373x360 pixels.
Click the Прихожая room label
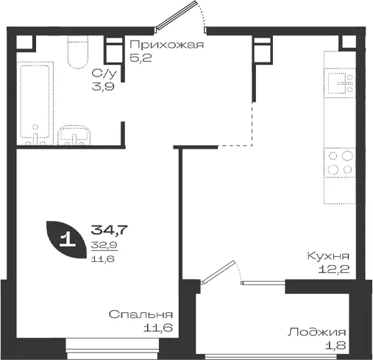pyautogui.click(x=167, y=45)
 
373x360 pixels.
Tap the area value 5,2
pyautogui.click(x=141, y=58)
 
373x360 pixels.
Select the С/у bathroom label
pyautogui.click(x=104, y=74)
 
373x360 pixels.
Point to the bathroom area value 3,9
pyautogui.click(x=103, y=87)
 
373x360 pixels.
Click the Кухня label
pyautogui.click(x=328, y=256)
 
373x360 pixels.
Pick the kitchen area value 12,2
pyautogui.click(x=334, y=269)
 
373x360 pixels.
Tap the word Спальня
pyautogui.click(x=141, y=314)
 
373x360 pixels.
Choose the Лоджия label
pyautogui.click(x=317, y=332)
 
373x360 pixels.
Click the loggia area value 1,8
pyautogui.click(x=335, y=345)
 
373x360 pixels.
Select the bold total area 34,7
pyautogui.click(x=109, y=230)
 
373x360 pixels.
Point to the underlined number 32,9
pyautogui.click(x=104, y=245)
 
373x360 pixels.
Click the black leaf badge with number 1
pyautogui.click(x=65, y=239)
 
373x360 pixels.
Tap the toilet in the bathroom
pyautogui.click(x=77, y=52)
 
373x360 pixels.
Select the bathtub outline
pyautogui.click(x=35, y=103)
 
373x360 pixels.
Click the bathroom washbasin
pyautogui.click(x=74, y=135)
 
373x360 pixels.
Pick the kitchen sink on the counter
pyautogui.click(x=339, y=83)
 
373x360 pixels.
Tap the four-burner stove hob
pyautogui.click(x=340, y=163)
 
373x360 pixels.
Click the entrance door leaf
pyautogui.click(x=177, y=15)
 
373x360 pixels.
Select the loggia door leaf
pyautogui.click(x=218, y=272)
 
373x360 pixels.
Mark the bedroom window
pyautogui.click(x=113, y=349)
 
